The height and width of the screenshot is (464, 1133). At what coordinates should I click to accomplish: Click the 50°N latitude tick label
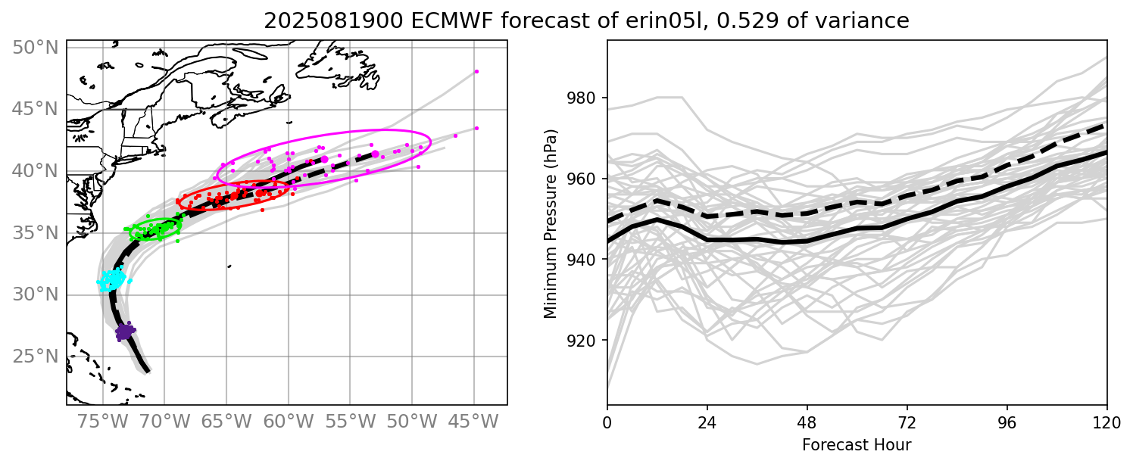point(35,48)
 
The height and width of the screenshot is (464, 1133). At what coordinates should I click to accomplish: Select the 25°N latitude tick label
point(35,357)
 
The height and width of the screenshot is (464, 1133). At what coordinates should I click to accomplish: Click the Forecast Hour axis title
point(857,444)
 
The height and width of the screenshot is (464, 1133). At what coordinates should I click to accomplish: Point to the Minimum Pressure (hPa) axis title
point(551,224)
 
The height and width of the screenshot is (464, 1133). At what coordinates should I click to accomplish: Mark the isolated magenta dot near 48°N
point(476,72)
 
